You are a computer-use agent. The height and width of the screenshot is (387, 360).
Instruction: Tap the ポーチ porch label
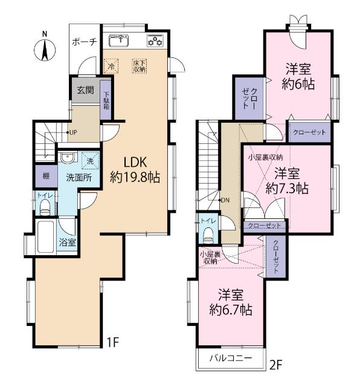[x=84, y=42]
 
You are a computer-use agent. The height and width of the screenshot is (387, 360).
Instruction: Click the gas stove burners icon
[x=155, y=41]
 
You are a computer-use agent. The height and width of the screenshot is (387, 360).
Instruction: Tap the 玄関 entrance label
[x=85, y=90]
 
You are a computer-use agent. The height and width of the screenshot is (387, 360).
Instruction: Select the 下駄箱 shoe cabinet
[x=106, y=99]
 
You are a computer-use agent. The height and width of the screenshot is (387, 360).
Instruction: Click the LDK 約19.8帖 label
[x=134, y=169]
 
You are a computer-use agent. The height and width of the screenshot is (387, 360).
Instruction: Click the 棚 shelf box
[x=46, y=176]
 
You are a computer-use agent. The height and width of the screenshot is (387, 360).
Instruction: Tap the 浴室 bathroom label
[x=67, y=243]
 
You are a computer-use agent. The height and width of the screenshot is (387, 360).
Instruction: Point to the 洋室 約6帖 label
[x=298, y=76]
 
